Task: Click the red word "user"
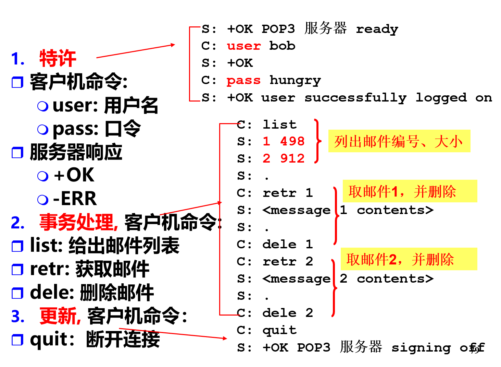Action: [x=244, y=46]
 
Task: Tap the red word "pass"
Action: [x=243, y=81]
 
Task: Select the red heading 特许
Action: [x=58, y=58]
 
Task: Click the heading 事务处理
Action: [x=78, y=222]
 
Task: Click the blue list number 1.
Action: [x=17, y=59]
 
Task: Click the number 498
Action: [x=292, y=141]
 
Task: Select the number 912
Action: [x=292, y=158]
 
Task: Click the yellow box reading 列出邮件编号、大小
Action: [x=399, y=141]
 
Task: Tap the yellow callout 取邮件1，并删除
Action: [x=410, y=191]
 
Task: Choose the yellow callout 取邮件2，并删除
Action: [x=409, y=259]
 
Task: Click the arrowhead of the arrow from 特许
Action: [x=173, y=45]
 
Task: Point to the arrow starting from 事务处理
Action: [x=190, y=209]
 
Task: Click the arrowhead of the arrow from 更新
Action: [x=225, y=338]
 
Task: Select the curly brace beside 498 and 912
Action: [x=317, y=141]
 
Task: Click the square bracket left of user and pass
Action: [x=190, y=64]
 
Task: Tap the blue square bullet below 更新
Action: [x=17, y=340]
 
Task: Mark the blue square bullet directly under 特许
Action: [x=17, y=82]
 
